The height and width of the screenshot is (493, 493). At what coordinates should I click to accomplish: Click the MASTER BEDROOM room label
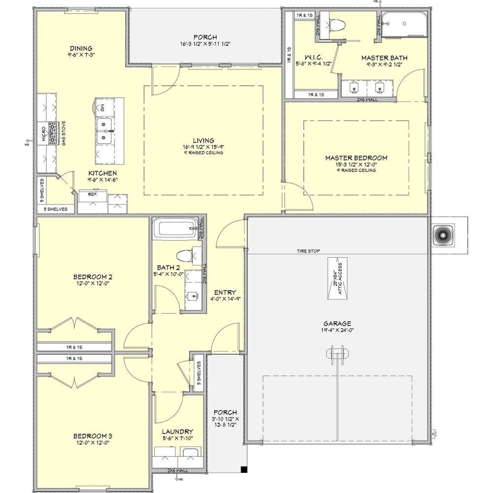[356, 158]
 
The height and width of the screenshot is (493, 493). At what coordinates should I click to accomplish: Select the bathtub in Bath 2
[175, 229]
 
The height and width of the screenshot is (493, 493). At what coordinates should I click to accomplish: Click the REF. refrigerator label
[93, 194]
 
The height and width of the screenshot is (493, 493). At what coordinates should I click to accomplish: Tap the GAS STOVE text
[63, 130]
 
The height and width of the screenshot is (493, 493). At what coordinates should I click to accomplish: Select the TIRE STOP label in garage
[308, 251]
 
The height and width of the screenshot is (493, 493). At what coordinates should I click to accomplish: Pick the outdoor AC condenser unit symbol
[443, 235]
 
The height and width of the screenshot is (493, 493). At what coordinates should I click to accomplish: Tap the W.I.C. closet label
[314, 58]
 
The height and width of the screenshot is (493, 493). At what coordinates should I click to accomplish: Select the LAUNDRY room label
[178, 431]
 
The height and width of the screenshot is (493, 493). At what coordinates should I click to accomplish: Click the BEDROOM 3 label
[93, 436]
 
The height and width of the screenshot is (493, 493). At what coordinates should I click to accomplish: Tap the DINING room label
[81, 48]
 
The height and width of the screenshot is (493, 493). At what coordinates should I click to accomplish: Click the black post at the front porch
[244, 470]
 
